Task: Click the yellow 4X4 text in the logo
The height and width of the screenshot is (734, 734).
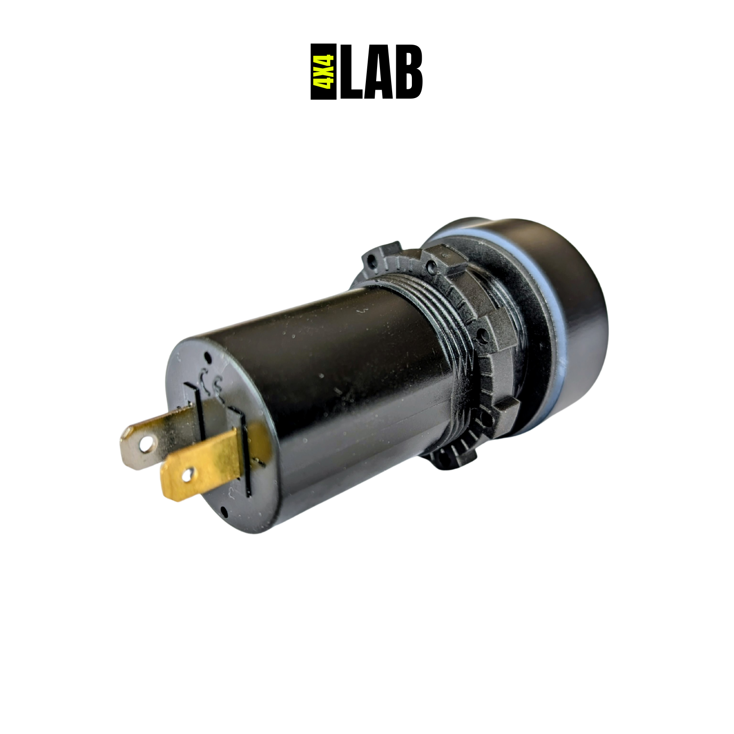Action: click(324, 71)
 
